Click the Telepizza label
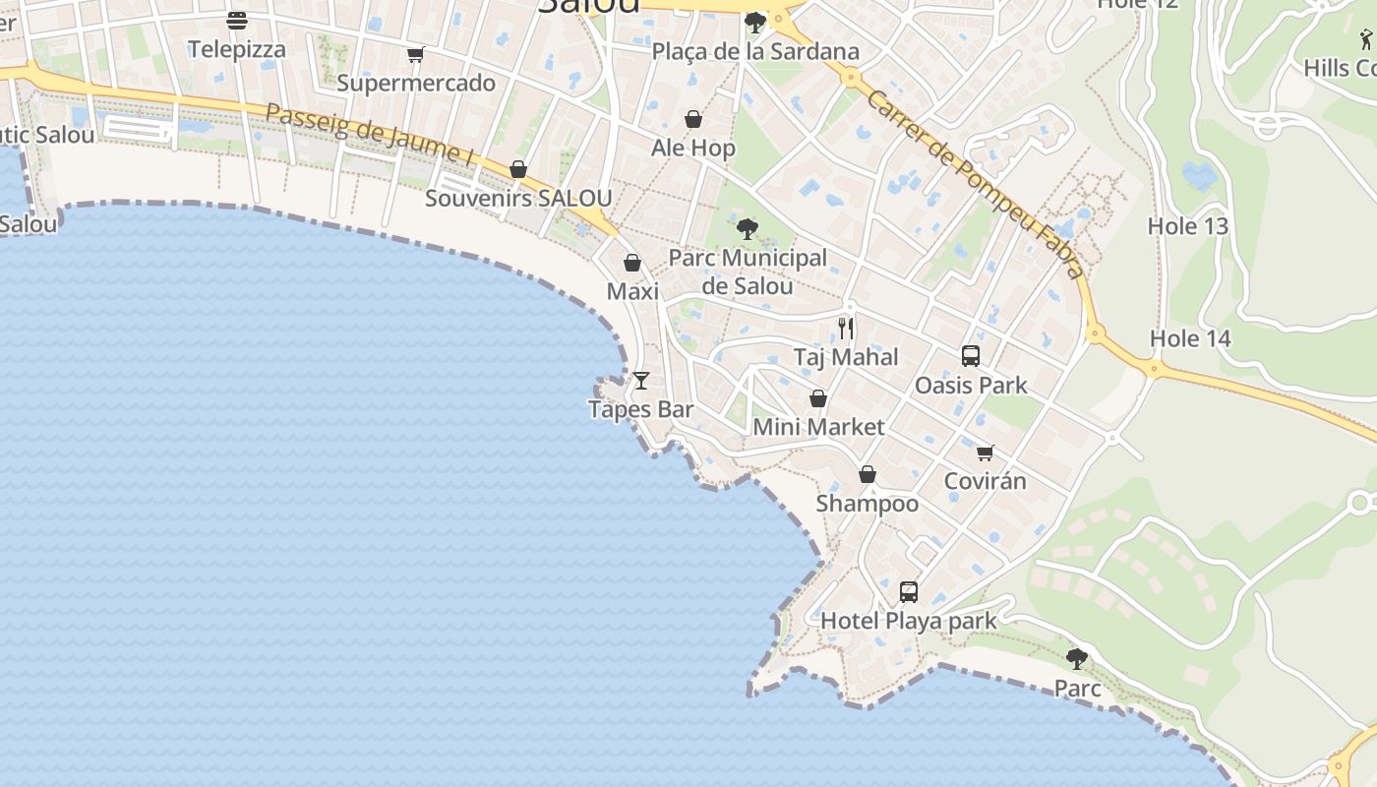pos(237,49)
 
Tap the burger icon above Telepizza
pos(236,20)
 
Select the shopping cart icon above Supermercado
pos(416,54)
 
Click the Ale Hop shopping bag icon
pos(693,119)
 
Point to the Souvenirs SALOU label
pos(518,198)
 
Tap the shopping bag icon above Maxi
pos(632,263)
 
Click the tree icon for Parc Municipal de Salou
pos(748,229)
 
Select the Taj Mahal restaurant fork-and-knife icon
pos(846,328)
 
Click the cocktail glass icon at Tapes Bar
pos(641,380)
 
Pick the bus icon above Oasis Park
pos(971,356)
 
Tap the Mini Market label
pos(818,427)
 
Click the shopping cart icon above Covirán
pos(985,453)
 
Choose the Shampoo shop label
pos(868,504)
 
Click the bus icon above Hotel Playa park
pos(909,592)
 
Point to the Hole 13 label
pos(1188,226)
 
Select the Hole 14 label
pos(1190,339)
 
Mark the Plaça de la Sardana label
pos(755,51)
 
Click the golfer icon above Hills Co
pos(1366,40)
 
